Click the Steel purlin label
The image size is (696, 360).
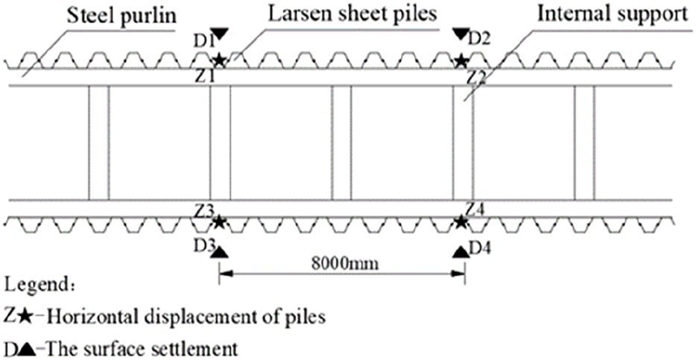point(119,14)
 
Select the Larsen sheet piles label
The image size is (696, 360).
point(348,14)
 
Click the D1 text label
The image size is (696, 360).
point(200,40)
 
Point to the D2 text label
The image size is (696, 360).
point(481,39)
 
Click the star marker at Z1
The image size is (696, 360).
point(219,60)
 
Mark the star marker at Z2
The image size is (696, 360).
point(461,60)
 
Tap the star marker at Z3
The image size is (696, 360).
point(219,221)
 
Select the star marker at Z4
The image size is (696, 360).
point(461,221)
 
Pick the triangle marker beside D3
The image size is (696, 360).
point(219,252)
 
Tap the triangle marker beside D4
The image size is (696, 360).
point(461,252)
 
